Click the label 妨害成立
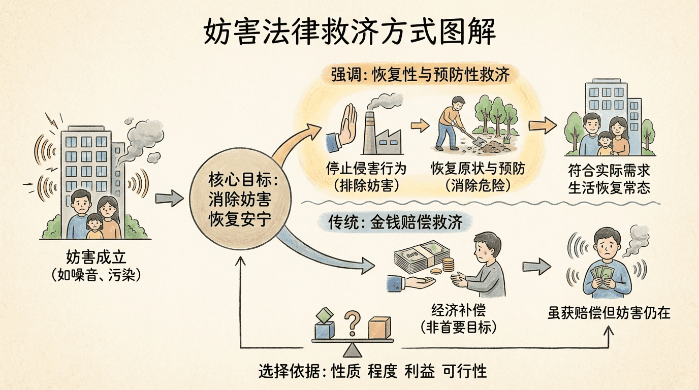[96, 256]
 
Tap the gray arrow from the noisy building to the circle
[169, 199]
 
